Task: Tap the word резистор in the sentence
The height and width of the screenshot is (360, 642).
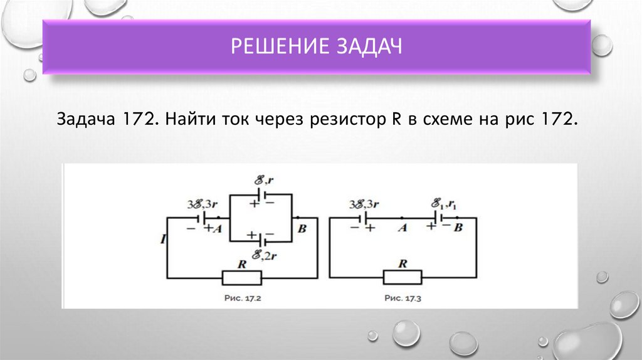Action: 342,119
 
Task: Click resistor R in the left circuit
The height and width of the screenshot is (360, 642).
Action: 241,277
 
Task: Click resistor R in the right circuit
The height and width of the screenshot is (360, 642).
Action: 403,277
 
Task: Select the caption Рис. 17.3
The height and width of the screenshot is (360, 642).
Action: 403,299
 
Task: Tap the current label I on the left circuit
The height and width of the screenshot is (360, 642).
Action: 162,239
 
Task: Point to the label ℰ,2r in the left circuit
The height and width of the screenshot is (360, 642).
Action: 262,255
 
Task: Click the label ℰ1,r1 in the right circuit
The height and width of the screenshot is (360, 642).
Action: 443,204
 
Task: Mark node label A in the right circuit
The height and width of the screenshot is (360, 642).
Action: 403,229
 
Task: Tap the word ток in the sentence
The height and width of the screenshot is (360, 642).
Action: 233,119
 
